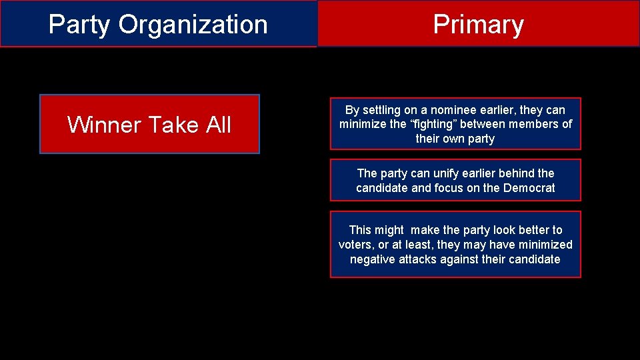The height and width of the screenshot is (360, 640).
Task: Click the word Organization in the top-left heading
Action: (x=193, y=25)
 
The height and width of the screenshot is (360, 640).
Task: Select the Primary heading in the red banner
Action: (x=478, y=25)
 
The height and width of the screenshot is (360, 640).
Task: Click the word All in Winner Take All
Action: (x=218, y=125)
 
